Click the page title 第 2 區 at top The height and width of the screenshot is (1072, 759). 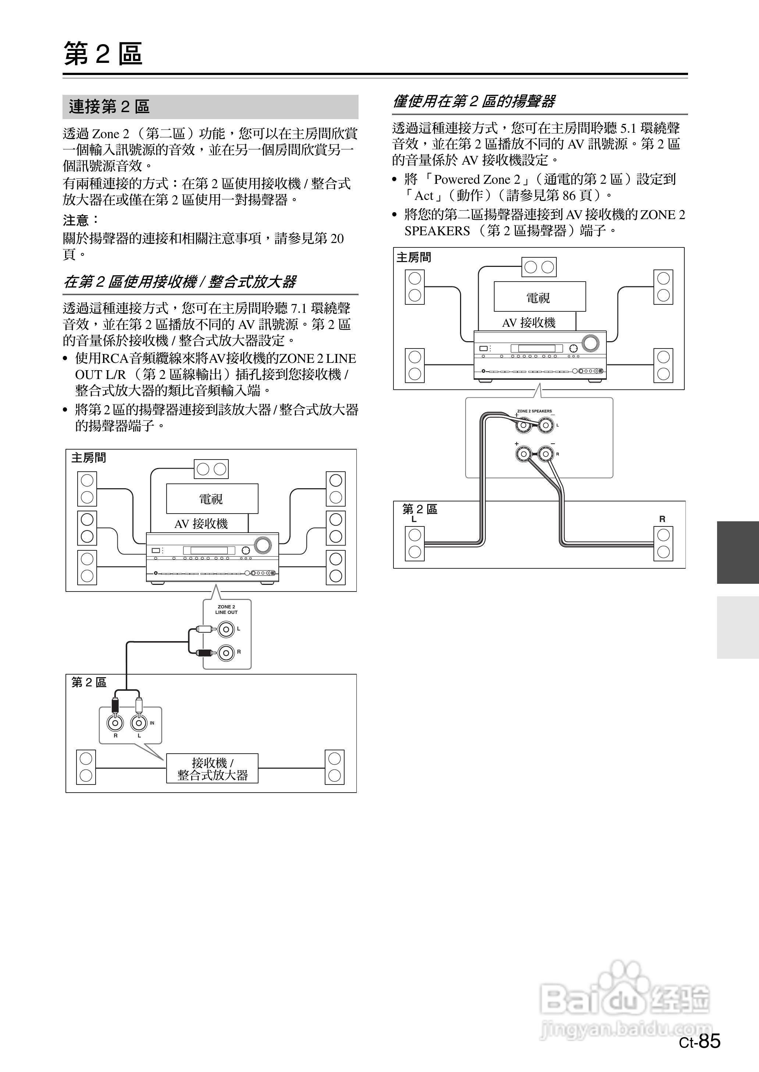click(103, 54)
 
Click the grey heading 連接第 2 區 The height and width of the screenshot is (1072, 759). click(109, 107)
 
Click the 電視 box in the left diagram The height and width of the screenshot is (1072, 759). click(212, 499)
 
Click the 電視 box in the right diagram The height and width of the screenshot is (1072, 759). click(539, 297)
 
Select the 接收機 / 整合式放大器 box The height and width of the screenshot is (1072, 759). click(212, 769)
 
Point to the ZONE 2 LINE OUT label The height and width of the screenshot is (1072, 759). click(226, 610)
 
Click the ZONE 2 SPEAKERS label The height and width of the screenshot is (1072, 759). click(534, 411)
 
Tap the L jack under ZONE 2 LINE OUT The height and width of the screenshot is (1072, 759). click(226, 629)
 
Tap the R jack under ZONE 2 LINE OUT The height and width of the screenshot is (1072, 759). click(226, 652)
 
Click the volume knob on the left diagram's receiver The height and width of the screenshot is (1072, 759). click(263, 544)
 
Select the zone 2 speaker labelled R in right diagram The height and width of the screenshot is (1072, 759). click(663, 544)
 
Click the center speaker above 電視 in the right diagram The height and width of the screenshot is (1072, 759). click(539, 267)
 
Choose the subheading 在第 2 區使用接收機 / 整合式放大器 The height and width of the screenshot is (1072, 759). click(180, 282)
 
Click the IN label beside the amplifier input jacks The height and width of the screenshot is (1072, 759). click(152, 723)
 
